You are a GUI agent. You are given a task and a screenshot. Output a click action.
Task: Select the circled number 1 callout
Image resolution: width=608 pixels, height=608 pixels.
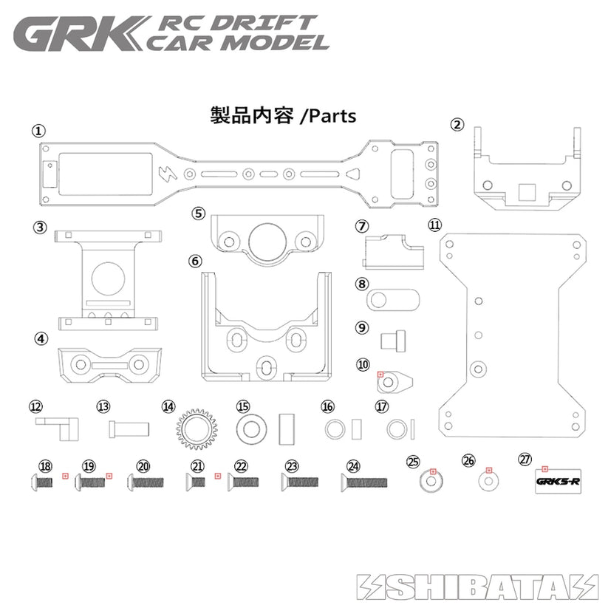click(x=38, y=131)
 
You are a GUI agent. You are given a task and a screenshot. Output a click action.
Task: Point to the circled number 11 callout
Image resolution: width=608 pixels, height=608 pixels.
click(x=434, y=225)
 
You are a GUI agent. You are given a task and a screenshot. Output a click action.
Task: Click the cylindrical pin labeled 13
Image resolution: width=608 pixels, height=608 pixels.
click(x=130, y=428)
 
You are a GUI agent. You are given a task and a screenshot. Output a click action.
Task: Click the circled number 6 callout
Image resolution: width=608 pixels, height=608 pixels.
click(x=195, y=261)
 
